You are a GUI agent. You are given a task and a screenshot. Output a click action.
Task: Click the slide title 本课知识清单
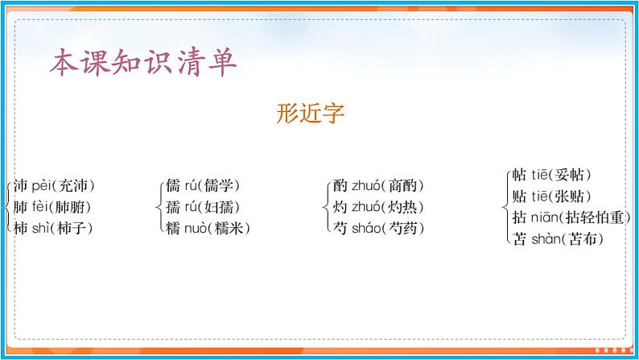pos(143,63)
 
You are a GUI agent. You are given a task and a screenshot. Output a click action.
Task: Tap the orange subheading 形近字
pos(310,114)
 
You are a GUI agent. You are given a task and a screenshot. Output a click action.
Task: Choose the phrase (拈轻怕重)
pos(594,217)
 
